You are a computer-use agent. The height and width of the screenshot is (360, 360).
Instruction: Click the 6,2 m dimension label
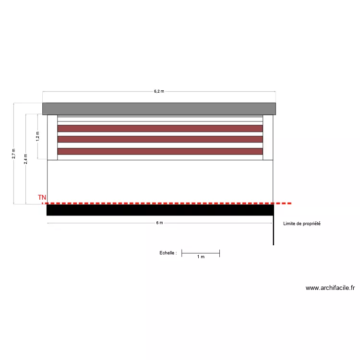159,91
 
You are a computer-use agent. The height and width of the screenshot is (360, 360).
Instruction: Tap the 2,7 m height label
14,154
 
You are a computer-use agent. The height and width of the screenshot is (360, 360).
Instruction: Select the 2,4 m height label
26,159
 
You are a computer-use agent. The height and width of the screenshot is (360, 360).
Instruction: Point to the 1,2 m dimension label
37,137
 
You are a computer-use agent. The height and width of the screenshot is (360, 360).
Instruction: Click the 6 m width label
159,223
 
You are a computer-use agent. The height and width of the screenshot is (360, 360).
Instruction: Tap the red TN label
42,197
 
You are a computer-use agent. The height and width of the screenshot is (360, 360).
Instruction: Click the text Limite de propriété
302,224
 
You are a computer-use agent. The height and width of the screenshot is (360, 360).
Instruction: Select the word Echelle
167,253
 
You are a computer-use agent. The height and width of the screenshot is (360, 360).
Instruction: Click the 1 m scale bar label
201,257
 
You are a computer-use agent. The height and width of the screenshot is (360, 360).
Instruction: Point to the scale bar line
201,253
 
